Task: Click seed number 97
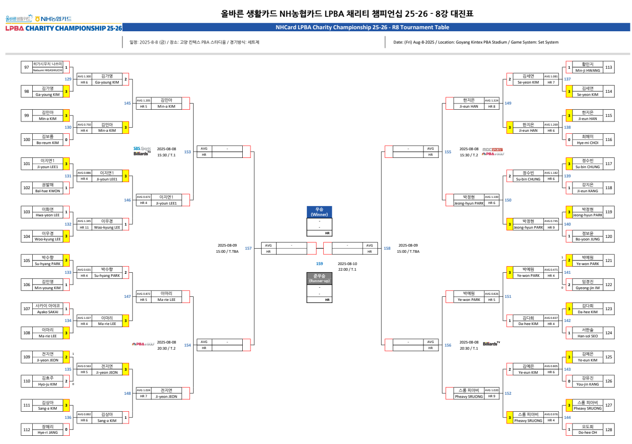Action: [x=26, y=67]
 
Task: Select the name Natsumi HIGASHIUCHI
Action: [x=48, y=70]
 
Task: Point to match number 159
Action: [x=320, y=264]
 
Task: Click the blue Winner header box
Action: [x=319, y=212]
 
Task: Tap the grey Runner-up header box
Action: [x=319, y=278]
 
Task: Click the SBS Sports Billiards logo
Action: [x=142, y=151]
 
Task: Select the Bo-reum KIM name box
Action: [x=48, y=139]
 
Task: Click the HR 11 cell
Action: [x=84, y=227]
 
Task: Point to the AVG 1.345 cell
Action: [x=84, y=221]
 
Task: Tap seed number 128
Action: [x=608, y=429]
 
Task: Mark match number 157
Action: [x=248, y=248]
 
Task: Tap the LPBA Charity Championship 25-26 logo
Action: [x=64, y=28]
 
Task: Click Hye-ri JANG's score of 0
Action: [x=66, y=429]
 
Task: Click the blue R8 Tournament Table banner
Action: [x=376, y=28]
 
